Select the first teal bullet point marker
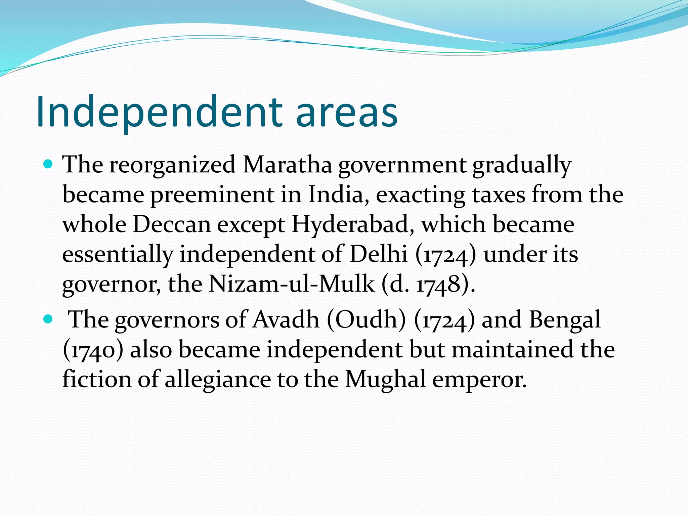48,165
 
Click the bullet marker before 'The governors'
48,319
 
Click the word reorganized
172,165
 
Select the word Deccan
172,224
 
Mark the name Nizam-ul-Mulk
292,284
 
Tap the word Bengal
565,320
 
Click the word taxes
499,195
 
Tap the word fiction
97,379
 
